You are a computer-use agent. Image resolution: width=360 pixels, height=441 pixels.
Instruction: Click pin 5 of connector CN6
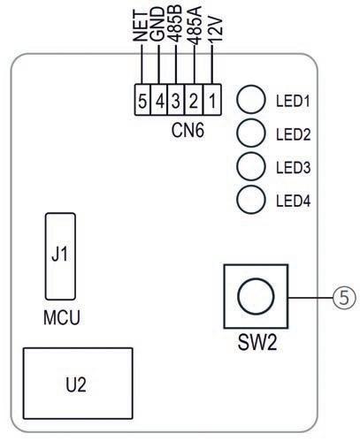coord(142,100)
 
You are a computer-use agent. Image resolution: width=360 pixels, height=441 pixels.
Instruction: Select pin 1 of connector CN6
coord(212,100)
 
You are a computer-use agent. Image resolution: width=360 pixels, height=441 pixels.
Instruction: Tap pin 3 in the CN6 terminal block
coord(176,100)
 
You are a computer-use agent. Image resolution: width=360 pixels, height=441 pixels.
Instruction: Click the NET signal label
coord(140,26)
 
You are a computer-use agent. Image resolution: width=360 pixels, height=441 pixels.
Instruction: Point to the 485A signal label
coord(195,26)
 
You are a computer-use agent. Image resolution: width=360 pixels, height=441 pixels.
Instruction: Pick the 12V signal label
coord(215,30)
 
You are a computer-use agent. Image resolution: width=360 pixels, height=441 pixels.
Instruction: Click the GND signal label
coord(157,24)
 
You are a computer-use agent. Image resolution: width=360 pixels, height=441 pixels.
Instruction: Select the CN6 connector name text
coord(188,130)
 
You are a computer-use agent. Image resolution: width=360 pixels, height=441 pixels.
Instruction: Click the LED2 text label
coord(294,134)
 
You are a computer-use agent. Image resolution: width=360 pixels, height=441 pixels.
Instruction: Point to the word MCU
coord(62,317)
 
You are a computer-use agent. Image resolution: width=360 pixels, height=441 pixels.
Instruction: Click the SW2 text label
coord(257,343)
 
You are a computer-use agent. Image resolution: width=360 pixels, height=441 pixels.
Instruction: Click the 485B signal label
coord(175,24)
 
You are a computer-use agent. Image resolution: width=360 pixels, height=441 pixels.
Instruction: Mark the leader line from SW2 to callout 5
coord(310,298)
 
